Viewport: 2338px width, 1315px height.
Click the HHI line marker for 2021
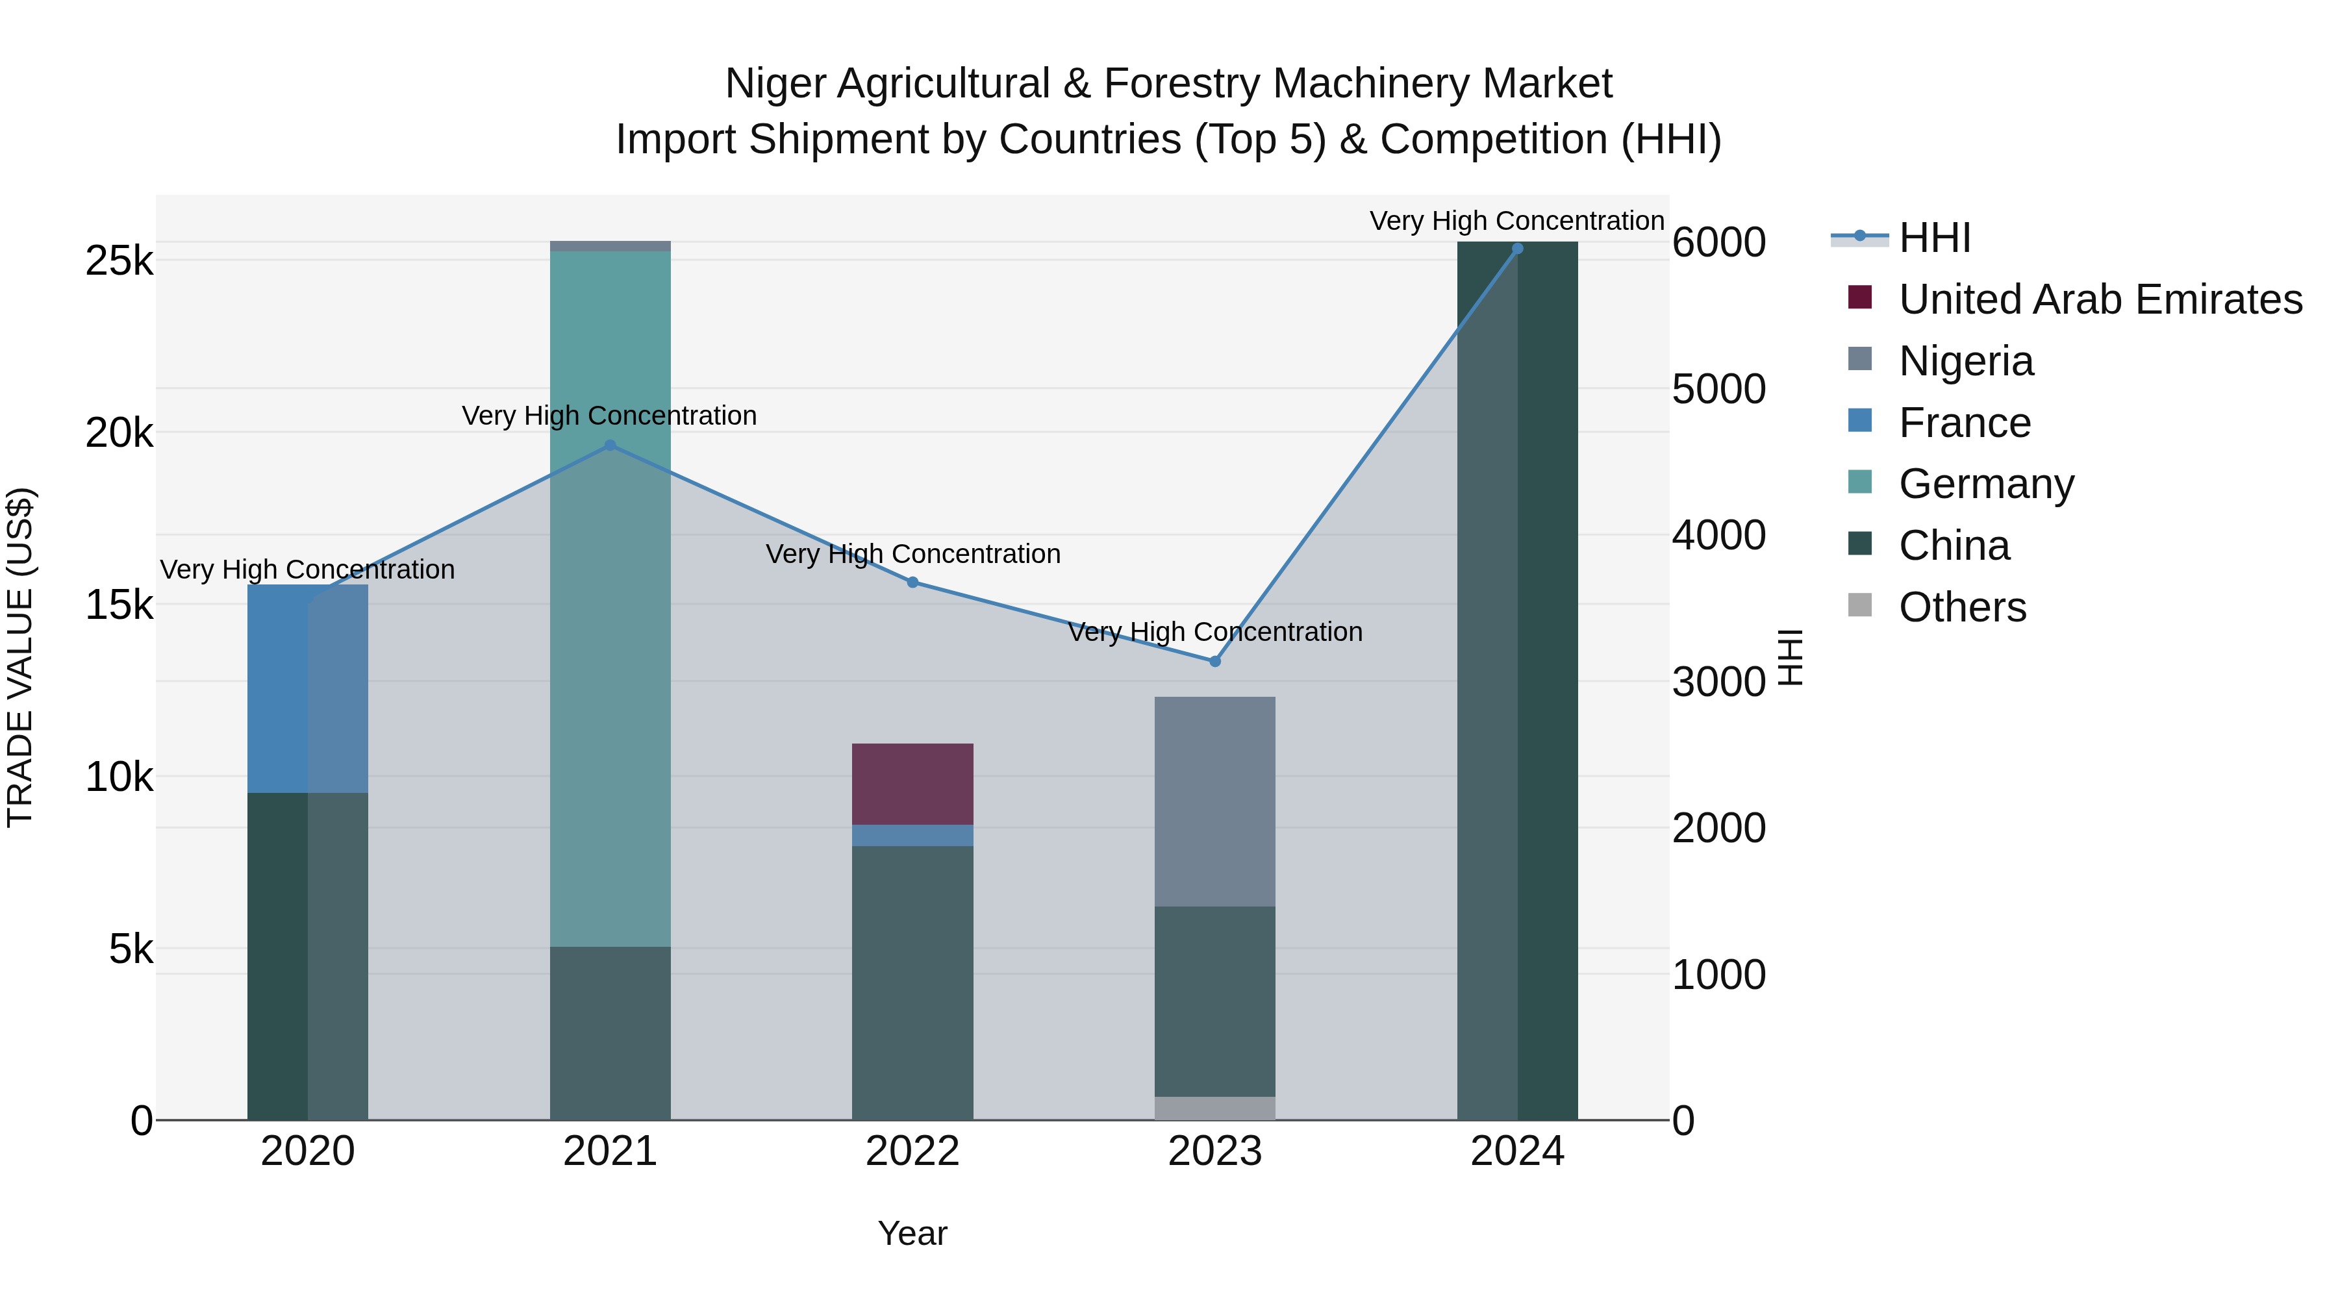pyautogui.click(x=610, y=445)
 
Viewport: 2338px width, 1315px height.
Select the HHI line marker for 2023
pyautogui.click(x=1215, y=662)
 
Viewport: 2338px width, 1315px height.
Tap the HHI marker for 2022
pyautogui.click(x=913, y=582)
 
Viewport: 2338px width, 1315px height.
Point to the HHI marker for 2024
pyautogui.click(x=1518, y=249)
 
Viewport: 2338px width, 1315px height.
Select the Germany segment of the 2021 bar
pyautogui.click(x=610, y=599)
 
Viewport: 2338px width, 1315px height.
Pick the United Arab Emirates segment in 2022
pyautogui.click(x=912, y=784)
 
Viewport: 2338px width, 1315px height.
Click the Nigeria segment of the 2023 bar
pyautogui.click(x=1214, y=801)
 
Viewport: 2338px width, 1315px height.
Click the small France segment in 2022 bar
pyautogui.click(x=912, y=836)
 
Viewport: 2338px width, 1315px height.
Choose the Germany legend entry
pyautogui.click(x=1986, y=484)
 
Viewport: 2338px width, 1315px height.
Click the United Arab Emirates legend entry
pyautogui.click(x=2099, y=299)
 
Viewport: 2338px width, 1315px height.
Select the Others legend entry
pyautogui.click(x=1961, y=607)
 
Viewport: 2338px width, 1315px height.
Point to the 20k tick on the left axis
pyautogui.click(x=119, y=434)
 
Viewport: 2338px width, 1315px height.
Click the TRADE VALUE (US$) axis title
pyautogui.click(x=20, y=657)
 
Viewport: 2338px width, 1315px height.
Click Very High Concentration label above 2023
pyautogui.click(x=1214, y=632)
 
